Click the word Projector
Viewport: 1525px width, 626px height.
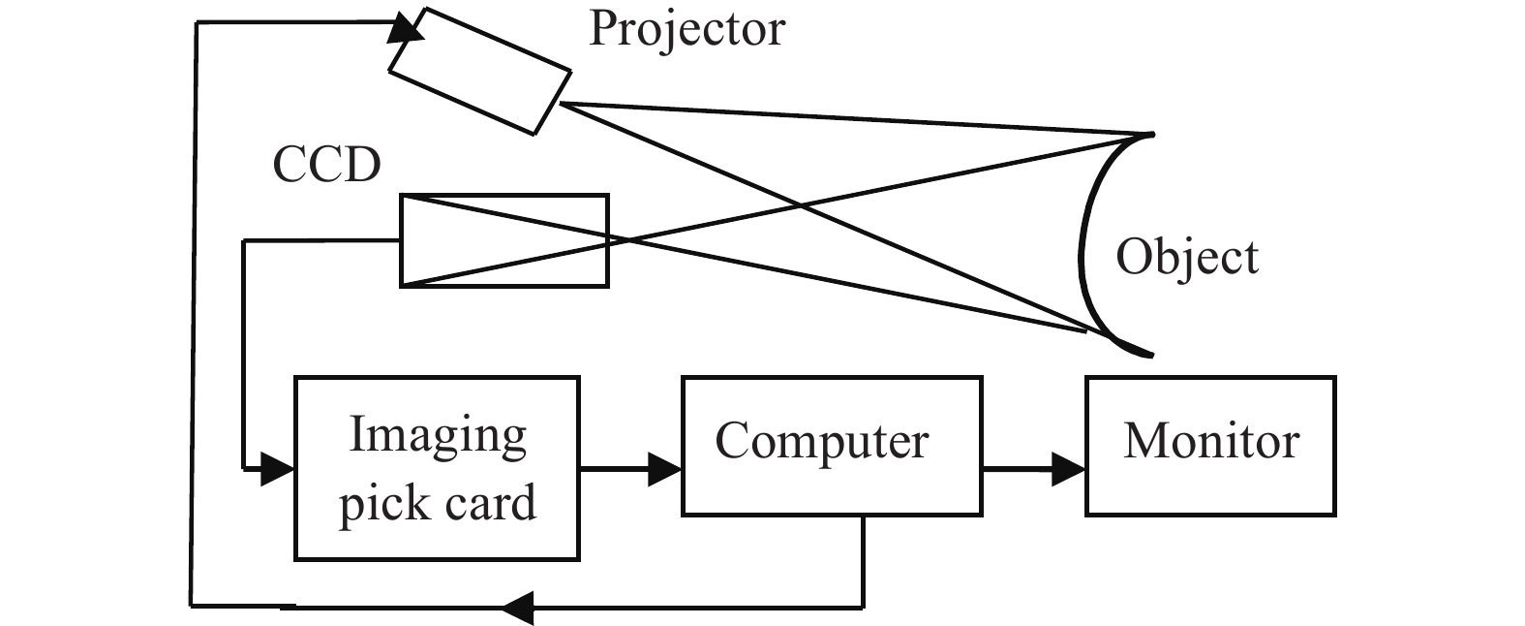pyautogui.click(x=686, y=29)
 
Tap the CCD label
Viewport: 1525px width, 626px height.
pyautogui.click(x=327, y=165)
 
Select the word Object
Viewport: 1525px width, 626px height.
pyautogui.click(x=1187, y=258)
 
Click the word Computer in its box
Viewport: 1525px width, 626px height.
pyautogui.click(x=822, y=442)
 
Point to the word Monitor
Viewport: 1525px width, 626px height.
pyautogui.click(x=1211, y=442)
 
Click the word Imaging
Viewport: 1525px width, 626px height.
pyautogui.click(x=438, y=435)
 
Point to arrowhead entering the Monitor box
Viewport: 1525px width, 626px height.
pyautogui.click(x=1070, y=471)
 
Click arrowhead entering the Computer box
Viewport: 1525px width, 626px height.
pyautogui.click(x=666, y=471)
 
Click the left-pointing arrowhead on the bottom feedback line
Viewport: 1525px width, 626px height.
pyautogui.click(x=518, y=609)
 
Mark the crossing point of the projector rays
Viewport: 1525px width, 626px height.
pyautogui.click(x=802, y=205)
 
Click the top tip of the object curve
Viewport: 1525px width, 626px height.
pyautogui.click(x=1149, y=134)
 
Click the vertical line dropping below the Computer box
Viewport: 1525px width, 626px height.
pyautogui.click(x=863, y=562)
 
